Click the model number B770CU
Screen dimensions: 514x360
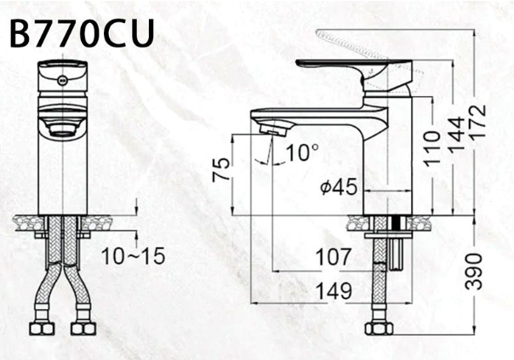click(82, 33)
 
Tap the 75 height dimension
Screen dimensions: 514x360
click(221, 169)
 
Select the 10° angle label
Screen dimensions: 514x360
click(302, 152)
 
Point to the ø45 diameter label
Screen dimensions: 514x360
click(339, 187)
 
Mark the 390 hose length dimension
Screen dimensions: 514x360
click(474, 271)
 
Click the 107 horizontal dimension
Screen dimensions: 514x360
click(334, 257)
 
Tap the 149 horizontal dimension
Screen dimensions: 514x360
click(334, 291)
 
